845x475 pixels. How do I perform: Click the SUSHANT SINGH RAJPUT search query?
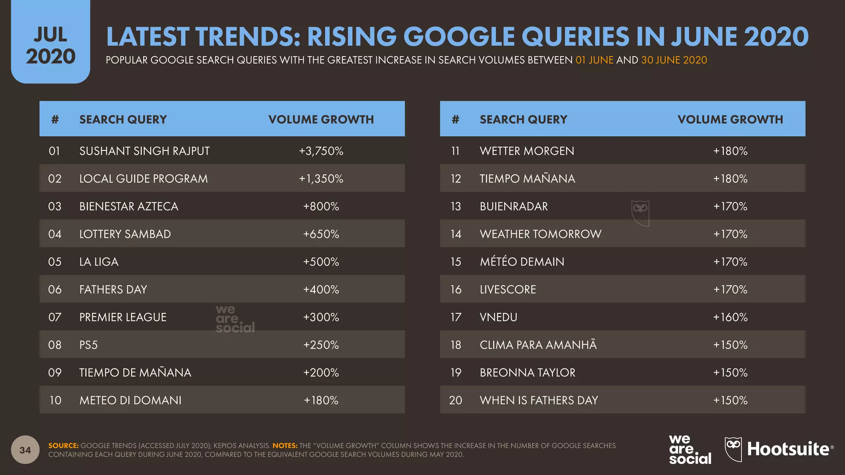tap(144, 151)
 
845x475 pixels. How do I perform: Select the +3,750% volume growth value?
tap(321, 151)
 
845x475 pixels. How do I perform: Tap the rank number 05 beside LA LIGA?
tap(54, 262)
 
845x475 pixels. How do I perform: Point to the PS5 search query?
tap(88, 345)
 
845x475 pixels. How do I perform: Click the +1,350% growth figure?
tap(321, 179)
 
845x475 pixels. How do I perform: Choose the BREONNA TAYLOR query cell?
tap(527, 373)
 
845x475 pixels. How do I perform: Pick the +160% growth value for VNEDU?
tap(730, 317)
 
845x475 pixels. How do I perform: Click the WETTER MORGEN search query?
tap(527, 151)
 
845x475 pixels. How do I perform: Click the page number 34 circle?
tap(25, 450)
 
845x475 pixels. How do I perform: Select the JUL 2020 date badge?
tap(50, 45)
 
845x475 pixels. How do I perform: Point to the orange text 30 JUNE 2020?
tap(674, 60)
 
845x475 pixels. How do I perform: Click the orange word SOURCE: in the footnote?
tap(63, 446)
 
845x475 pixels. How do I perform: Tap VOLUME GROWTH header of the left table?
tap(321, 120)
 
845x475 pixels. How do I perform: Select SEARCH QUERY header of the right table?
tap(523, 120)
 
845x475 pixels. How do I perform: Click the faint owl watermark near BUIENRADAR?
tap(640, 213)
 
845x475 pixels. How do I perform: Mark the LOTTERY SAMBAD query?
tap(125, 234)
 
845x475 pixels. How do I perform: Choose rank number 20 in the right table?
tap(456, 400)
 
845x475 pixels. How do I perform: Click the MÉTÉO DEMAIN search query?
tap(522, 262)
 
